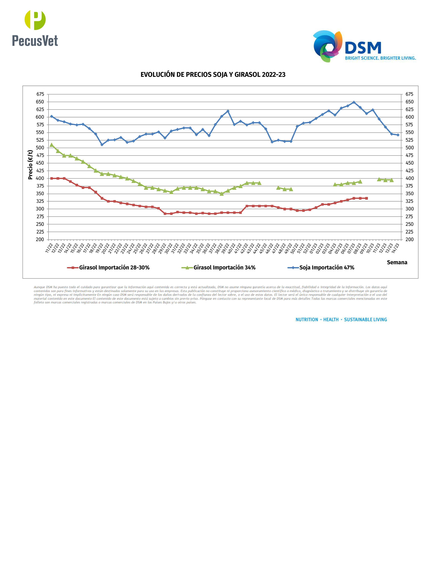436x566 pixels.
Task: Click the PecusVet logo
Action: [x=35, y=28]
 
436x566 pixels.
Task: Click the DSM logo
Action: [x=364, y=47]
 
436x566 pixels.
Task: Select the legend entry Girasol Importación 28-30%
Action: [x=114, y=268]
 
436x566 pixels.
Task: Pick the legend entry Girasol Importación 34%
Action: [x=224, y=268]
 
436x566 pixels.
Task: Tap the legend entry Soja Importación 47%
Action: [x=327, y=268]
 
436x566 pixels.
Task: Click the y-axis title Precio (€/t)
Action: [x=30, y=165]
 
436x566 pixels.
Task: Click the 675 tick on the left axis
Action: [x=40, y=94]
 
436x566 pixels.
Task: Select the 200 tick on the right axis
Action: [x=409, y=239]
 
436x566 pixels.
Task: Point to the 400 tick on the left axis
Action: [x=40, y=178]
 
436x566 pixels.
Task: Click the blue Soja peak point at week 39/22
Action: [x=228, y=111]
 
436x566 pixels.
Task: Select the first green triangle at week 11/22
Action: [x=51, y=145]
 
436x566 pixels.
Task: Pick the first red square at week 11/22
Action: [x=51, y=178]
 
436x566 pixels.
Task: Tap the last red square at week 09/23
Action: [x=366, y=198]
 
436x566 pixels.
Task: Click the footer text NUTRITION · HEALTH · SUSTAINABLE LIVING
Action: [x=341, y=320]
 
